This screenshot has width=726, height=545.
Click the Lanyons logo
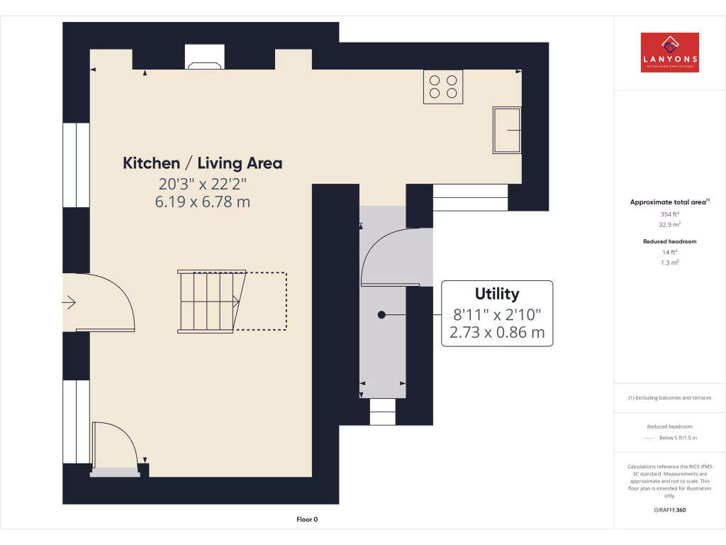[x=669, y=53]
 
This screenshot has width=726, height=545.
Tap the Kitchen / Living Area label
[x=203, y=163]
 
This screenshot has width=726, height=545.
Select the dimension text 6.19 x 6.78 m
[x=203, y=202]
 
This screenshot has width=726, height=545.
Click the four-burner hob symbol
[x=443, y=87]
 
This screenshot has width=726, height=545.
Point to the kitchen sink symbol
[x=507, y=130]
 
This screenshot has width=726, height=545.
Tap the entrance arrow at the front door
[x=69, y=303]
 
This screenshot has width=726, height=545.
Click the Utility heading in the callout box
[x=497, y=294]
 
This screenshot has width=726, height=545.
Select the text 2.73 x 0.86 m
[x=497, y=331]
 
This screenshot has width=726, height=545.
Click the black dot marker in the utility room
[x=381, y=314]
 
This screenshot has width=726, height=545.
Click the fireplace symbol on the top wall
[x=204, y=58]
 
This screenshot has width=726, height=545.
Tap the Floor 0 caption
[x=307, y=519]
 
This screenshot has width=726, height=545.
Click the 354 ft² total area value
[x=669, y=214]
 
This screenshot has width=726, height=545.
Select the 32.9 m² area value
[x=669, y=224]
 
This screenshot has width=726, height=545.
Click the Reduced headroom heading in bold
[x=669, y=241]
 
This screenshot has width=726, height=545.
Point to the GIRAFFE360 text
[x=669, y=510]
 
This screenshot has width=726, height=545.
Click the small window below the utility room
[x=383, y=412]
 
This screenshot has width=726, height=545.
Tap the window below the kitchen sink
[x=470, y=197]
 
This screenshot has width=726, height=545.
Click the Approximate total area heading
[x=669, y=202]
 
